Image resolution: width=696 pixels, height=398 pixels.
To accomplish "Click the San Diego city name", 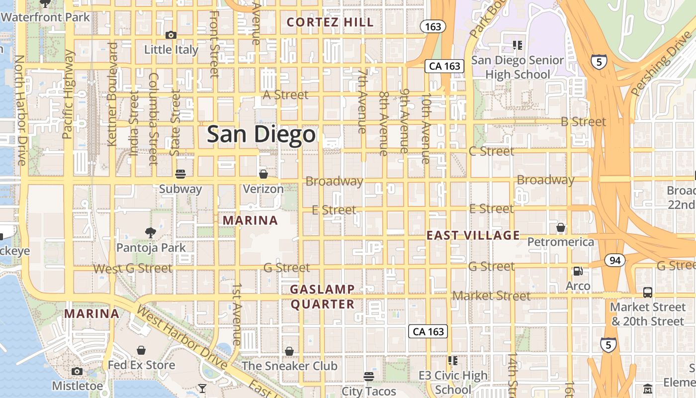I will pyautogui.click(x=261, y=134).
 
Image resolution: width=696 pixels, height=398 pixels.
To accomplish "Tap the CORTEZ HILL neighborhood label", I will pyautogui.click(x=330, y=22).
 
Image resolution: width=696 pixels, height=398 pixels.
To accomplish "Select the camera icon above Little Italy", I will pyautogui.click(x=171, y=35).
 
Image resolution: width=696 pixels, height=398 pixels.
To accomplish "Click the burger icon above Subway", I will pyautogui.click(x=180, y=174).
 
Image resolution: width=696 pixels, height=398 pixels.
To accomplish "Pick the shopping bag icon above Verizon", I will pyautogui.click(x=263, y=174).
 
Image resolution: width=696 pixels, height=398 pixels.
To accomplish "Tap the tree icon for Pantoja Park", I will pyautogui.click(x=151, y=232).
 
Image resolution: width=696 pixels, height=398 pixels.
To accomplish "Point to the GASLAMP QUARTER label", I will pyautogui.click(x=323, y=297).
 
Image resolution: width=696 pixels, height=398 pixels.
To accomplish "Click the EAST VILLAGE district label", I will pyautogui.click(x=473, y=235).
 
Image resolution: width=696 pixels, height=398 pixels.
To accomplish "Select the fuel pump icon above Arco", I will pyautogui.click(x=578, y=271).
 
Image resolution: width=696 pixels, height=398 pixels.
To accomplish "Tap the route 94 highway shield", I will pyautogui.click(x=615, y=260).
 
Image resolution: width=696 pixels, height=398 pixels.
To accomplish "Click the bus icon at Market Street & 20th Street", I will pyautogui.click(x=647, y=292).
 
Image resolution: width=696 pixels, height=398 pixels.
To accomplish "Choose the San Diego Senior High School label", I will pyautogui.click(x=518, y=67).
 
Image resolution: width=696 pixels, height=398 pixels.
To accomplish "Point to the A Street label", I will pyautogui.click(x=286, y=95).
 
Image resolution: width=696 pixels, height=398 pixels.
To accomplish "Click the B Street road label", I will pyautogui.click(x=583, y=121).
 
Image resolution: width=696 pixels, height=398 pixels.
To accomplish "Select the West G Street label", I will pyautogui.click(x=133, y=269).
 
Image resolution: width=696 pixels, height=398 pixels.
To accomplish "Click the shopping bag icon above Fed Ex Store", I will pyautogui.click(x=142, y=350).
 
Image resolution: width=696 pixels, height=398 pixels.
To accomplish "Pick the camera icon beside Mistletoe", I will pyautogui.click(x=77, y=371).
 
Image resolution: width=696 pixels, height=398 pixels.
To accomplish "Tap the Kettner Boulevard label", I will pyautogui.click(x=112, y=95).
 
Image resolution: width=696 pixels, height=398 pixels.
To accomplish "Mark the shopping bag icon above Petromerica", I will pyautogui.click(x=561, y=228).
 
